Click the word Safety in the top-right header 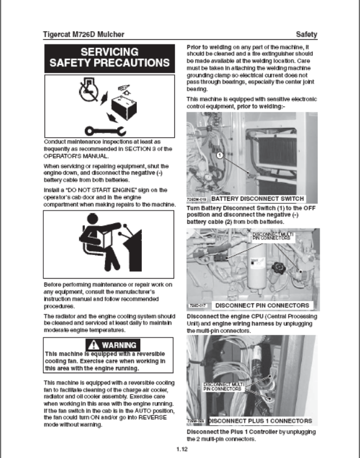click(306, 34)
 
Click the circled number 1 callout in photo click(219, 155)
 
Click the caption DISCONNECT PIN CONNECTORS click(261, 305)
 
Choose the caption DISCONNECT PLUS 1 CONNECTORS click(260, 421)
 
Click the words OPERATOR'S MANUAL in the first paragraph click(77, 155)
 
